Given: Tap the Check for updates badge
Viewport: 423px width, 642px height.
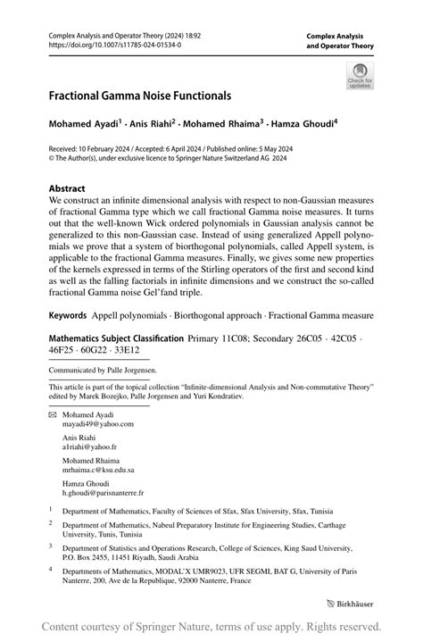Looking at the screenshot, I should tap(360, 75).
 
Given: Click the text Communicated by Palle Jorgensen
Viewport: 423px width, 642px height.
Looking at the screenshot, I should tap(103, 369).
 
